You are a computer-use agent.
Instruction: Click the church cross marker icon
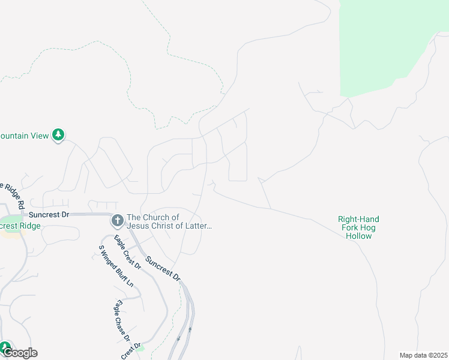click(117, 221)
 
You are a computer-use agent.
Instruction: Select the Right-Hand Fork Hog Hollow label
click(359, 227)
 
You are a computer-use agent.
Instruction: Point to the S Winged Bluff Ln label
click(116, 266)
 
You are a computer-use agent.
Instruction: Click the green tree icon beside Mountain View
click(58, 136)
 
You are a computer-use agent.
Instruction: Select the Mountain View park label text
click(24, 136)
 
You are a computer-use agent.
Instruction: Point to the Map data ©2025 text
click(423, 355)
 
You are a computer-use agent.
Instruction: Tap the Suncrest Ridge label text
click(20, 226)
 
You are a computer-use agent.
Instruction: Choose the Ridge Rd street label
click(13, 194)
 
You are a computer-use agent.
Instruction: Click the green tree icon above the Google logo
click(5, 346)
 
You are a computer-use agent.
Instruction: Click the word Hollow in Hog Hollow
click(359, 236)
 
